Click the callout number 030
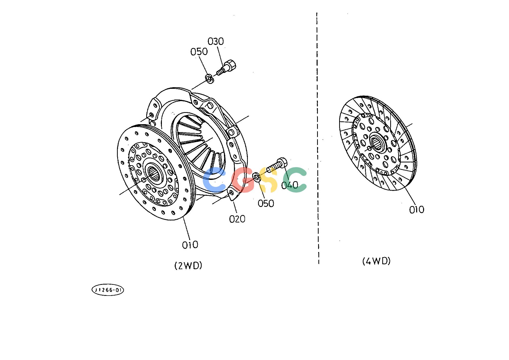click(216, 41)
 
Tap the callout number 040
click(290, 185)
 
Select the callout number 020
click(237, 219)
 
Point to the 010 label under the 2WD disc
click(190, 245)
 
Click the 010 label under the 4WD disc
click(417, 210)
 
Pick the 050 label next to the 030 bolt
click(199, 52)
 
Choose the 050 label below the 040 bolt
click(266, 203)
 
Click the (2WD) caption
click(188, 266)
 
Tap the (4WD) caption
click(376, 261)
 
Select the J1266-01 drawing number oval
click(108, 290)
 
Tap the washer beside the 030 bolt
click(210, 79)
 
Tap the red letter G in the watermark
click(242, 180)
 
